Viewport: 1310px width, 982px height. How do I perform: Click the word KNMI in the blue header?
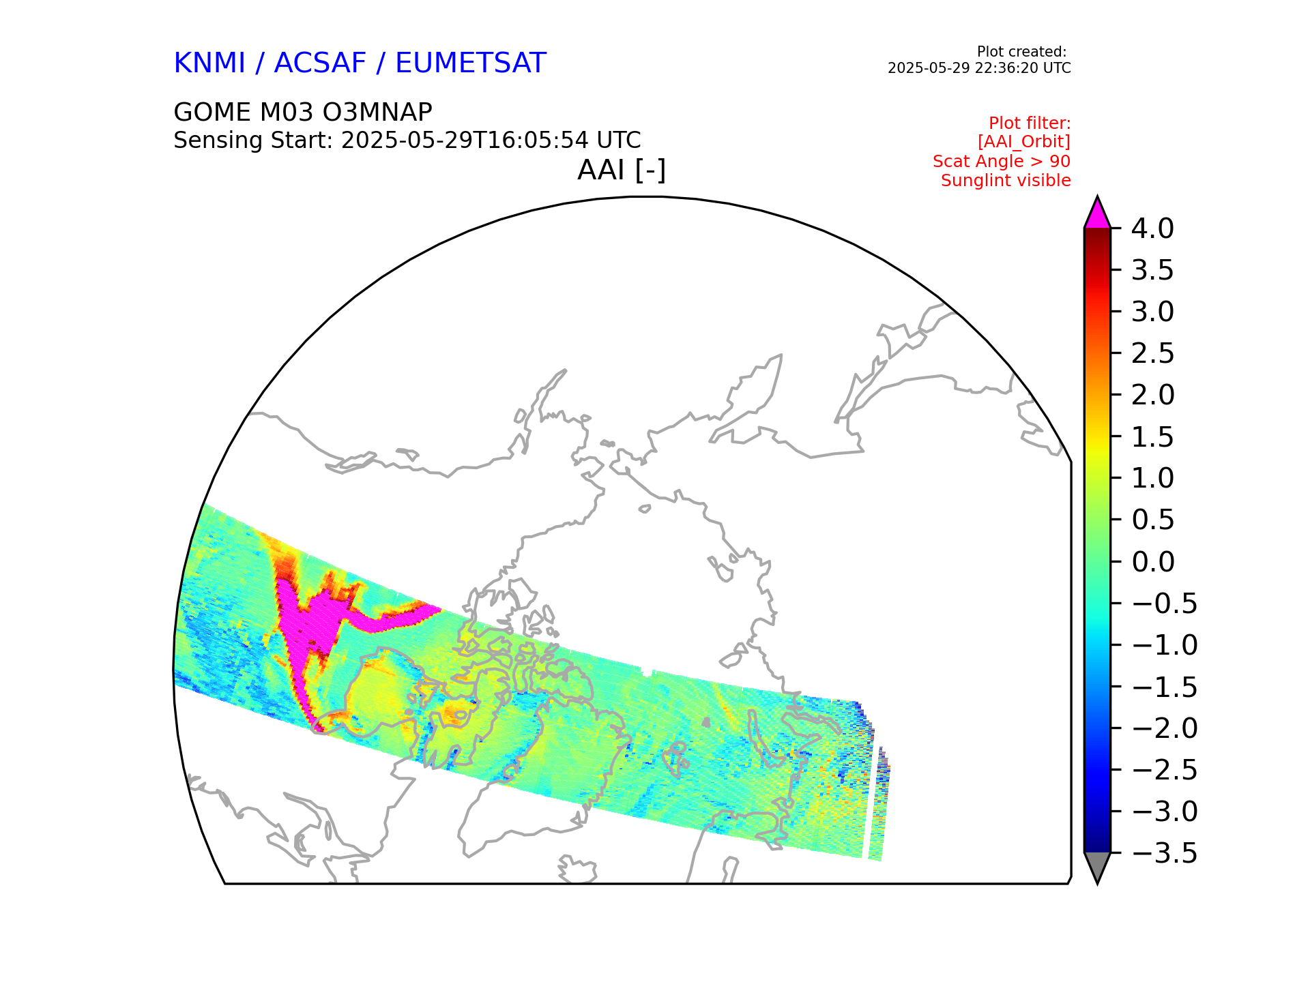coord(209,63)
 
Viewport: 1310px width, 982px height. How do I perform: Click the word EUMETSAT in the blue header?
coord(470,63)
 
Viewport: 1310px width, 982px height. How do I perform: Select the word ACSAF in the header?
coord(320,63)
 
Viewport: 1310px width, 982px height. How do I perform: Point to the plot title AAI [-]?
coord(621,170)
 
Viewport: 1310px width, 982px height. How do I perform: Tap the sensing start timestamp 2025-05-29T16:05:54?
coord(464,140)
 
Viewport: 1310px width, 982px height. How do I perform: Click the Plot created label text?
coord(1021,52)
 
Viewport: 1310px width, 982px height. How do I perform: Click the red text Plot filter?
coord(1029,123)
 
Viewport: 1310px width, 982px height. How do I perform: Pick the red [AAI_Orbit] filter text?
coord(1023,142)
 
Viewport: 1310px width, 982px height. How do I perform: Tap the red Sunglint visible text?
coord(1005,181)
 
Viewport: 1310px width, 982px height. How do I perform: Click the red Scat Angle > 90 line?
coord(1001,162)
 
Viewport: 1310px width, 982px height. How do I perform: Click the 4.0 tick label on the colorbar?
coord(1152,229)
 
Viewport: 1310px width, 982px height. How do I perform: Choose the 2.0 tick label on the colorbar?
coord(1152,396)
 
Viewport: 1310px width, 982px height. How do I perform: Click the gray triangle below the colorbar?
coord(1097,865)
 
